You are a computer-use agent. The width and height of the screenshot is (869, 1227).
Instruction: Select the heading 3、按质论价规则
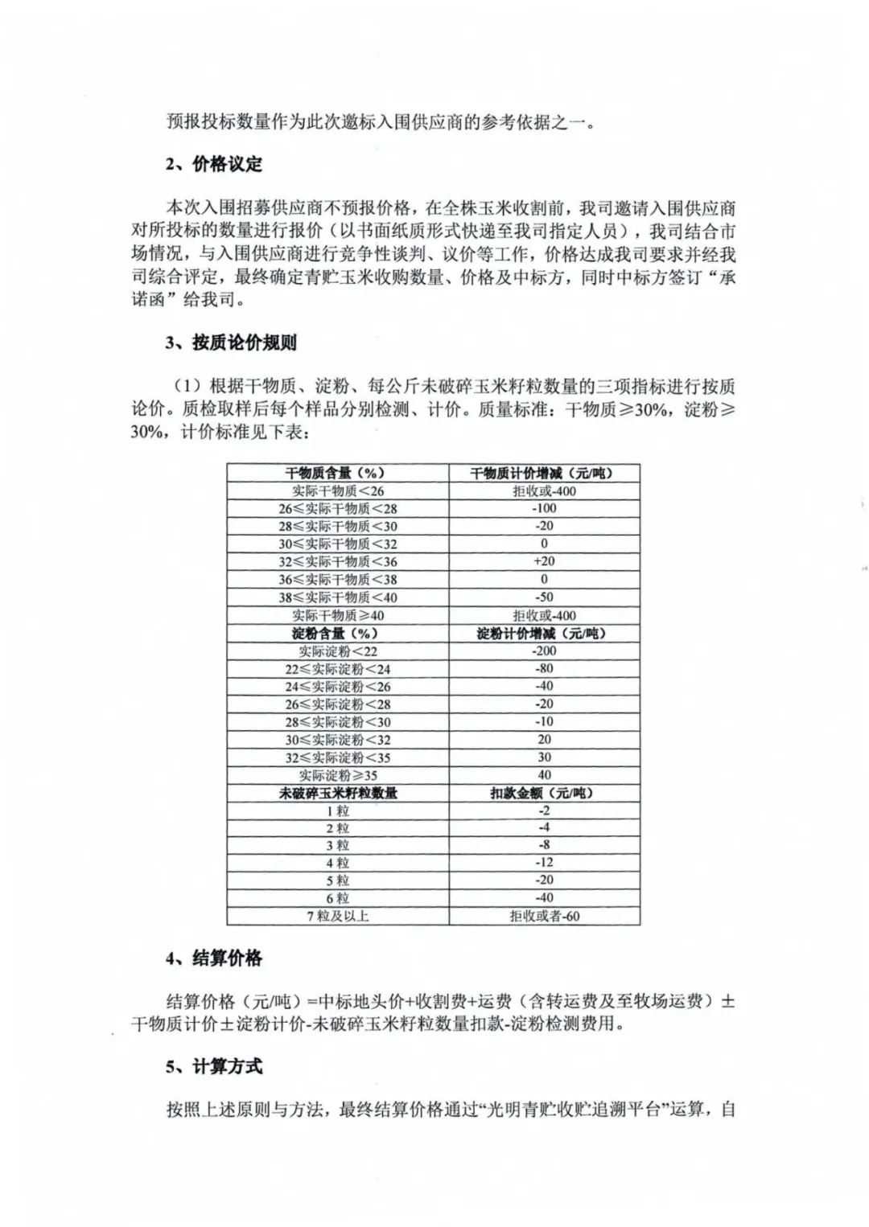(x=231, y=343)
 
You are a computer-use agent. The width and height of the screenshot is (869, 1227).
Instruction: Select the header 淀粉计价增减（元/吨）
(x=544, y=633)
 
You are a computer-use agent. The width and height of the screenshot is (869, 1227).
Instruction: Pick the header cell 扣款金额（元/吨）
(x=544, y=793)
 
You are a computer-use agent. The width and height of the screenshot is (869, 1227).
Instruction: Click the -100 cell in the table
(x=544, y=508)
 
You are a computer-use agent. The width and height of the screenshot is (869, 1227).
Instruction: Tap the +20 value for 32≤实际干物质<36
(x=544, y=561)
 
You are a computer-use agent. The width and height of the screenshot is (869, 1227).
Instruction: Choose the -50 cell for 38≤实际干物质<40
(x=544, y=597)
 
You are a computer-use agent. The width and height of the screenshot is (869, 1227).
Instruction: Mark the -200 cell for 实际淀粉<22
(x=544, y=650)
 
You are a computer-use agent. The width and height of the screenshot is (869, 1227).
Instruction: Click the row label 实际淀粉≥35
(x=337, y=775)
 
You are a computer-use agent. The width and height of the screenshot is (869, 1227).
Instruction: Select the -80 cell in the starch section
(x=544, y=668)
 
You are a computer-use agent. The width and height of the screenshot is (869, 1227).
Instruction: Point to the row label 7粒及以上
(x=337, y=916)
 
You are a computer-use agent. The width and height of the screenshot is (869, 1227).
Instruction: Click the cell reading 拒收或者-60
(x=544, y=916)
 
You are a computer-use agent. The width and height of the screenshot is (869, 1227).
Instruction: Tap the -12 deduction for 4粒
(x=544, y=862)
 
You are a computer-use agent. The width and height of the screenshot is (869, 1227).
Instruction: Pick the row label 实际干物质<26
(x=337, y=490)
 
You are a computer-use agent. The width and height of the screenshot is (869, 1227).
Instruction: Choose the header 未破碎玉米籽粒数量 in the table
(x=337, y=793)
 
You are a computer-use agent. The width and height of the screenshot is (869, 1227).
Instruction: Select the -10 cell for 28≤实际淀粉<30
(x=544, y=721)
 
